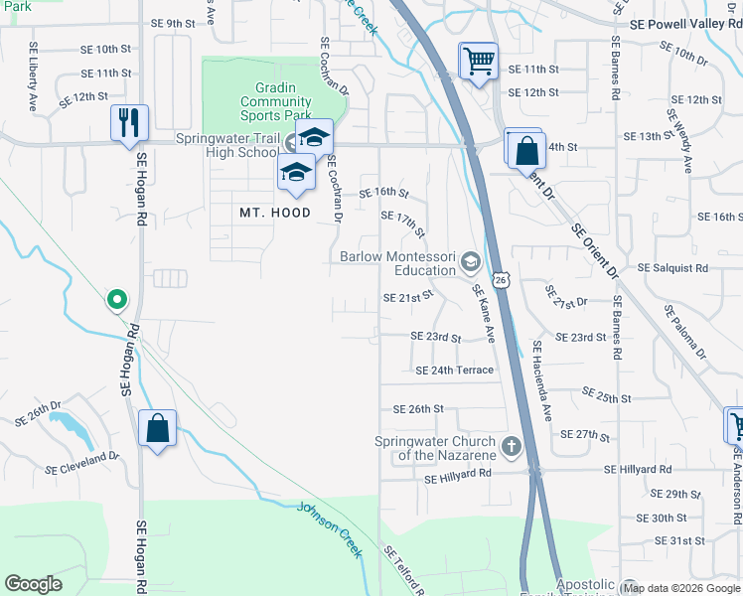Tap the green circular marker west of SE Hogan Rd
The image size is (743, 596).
tap(116, 298)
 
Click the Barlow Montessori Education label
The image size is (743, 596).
tap(397, 263)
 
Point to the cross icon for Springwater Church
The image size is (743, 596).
tap(512, 446)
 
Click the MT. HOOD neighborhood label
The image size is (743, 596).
tap(275, 213)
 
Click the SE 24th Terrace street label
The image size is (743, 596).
tap(454, 371)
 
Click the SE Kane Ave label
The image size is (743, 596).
tap(483, 313)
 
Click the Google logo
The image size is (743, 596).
tap(34, 584)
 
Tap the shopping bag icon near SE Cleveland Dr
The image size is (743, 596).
tap(157, 429)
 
